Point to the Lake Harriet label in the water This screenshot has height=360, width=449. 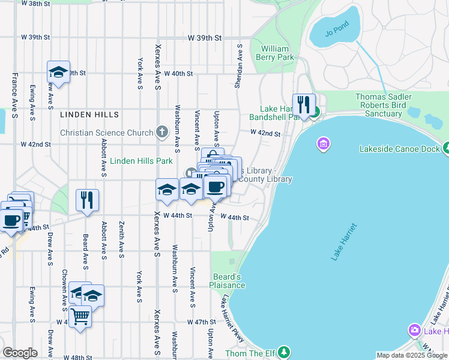(x=343, y=241)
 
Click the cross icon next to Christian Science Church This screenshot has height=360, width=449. (x=161, y=132)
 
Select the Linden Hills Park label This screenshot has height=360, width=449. (x=141, y=161)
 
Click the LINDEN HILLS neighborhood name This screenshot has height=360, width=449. (x=89, y=114)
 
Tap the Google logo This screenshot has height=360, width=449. (x=20, y=352)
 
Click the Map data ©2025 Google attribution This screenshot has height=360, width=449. (x=411, y=355)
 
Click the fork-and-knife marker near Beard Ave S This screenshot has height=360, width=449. (x=88, y=200)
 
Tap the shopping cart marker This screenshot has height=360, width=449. (x=80, y=316)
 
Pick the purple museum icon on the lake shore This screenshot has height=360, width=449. (x=323, y=144)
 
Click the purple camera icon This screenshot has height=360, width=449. (x=414, y=330)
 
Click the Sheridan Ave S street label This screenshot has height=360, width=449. (x=240, y=66)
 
